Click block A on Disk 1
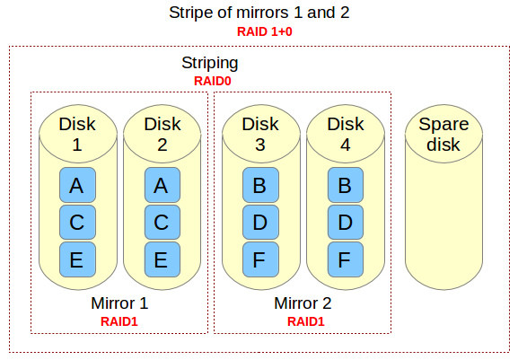tap(76, 186)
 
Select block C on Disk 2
tap(161, 223)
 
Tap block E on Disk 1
tap(76, 260)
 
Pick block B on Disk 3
tap(259, 186)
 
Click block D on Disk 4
tap(345, 223)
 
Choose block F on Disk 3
tap(259, 260)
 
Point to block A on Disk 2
tap(161, 186)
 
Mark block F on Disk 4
tap(345, 260)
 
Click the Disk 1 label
tap(77, 133)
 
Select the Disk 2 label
tap(162, 133)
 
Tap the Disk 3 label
tap(260, 133)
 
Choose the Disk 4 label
tap(345, 133)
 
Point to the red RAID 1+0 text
tap(259, 31)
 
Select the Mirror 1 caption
tap(119, 303)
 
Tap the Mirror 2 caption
tap(303, 303)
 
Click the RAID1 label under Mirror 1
tap(119, 320)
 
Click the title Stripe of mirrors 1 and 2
tap(259, 13)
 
